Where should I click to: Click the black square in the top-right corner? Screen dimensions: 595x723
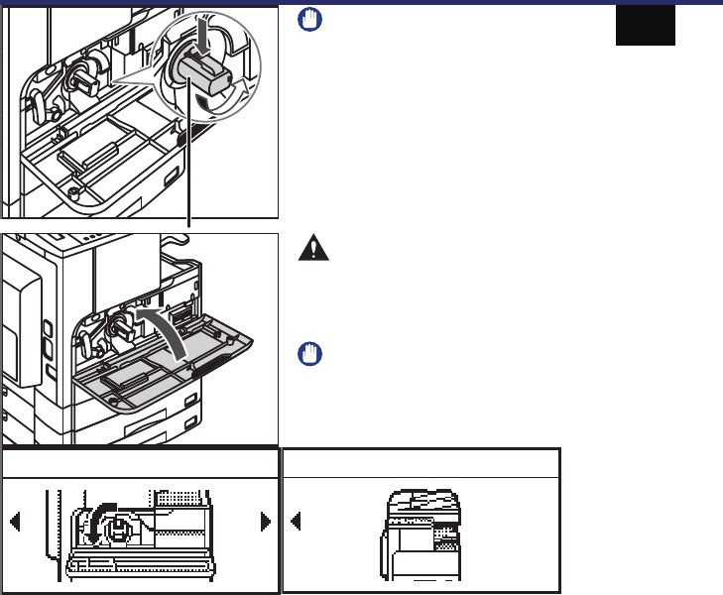(x=645, y=25)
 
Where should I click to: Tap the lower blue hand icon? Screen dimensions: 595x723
(x=309, y=354)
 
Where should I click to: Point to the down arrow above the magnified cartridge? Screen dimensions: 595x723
(x=206, y=38)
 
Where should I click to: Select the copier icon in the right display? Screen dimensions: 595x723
(x=422, y=536)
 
